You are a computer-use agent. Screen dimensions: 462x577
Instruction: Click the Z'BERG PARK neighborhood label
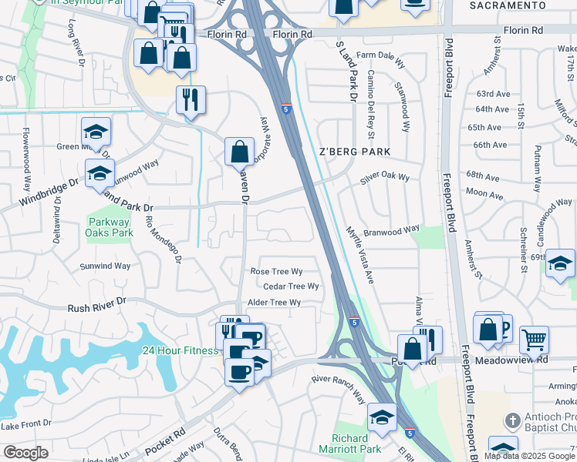pyautogui.click(x=355, y=152)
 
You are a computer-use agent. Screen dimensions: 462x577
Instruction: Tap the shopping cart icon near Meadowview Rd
pyautogui.click(x=534, y=339)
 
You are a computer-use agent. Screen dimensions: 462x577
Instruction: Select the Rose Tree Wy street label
pyautogui.click(x=275, y=272)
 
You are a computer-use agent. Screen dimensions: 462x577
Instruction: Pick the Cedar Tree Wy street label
pyautogui.click(x=291, y=286)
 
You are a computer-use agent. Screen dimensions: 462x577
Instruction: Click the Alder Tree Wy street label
pyautogui.click(x=273, y=303)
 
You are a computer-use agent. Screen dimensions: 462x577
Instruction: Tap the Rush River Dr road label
pyautogui.click(x=96, y=306)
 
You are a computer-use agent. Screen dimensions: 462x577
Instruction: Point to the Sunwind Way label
pyautogui.click(x=106, y=266)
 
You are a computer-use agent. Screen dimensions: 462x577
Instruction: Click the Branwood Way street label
pyautogui.click(x=391, y=229)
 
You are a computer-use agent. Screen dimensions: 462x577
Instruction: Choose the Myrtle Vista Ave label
pyautogui.click(x=359, y=255)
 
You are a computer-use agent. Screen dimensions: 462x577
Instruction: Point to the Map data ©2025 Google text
pyautogui.click(x=529, y=456)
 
